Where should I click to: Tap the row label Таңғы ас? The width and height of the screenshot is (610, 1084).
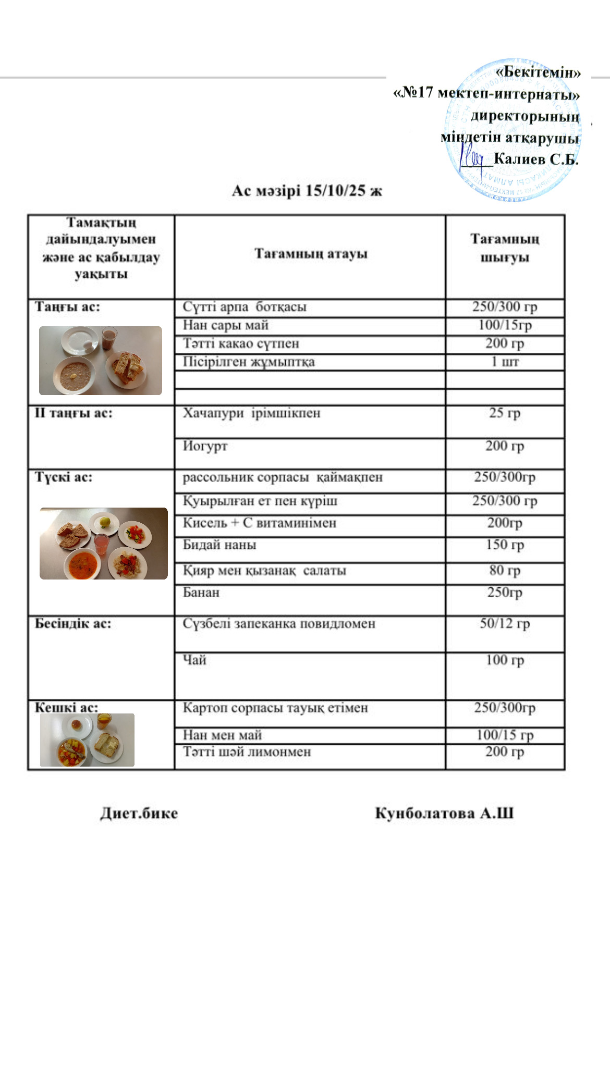tap(67, 307)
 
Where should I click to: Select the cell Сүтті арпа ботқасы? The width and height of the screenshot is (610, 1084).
tap(245, 307)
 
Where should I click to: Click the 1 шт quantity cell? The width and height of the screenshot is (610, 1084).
tap(505, 362)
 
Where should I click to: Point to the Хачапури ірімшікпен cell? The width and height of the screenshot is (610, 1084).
tap(251, 413)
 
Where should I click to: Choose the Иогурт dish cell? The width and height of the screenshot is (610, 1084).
tap(205, 446)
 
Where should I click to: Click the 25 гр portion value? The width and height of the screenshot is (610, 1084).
tap(505, 413)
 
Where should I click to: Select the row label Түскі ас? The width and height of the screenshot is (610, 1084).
tap(64, 477)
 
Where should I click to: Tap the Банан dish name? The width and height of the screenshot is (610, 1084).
tap(201, 593)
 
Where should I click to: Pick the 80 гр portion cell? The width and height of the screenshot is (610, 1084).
tap(505, 570)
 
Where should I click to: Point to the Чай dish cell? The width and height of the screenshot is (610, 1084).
tap(194, 660)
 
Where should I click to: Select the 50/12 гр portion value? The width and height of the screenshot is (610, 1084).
tap(505, 624)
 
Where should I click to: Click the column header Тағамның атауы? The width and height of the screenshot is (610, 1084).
tap(311, 254)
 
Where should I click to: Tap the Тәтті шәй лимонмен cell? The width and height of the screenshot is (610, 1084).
tap(247, 752)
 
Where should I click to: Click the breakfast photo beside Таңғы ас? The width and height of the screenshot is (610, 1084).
tap(101, 361)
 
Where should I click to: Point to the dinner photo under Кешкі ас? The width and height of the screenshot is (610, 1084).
tap(87, 740)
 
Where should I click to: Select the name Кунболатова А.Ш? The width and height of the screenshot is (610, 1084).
tap(444, 814)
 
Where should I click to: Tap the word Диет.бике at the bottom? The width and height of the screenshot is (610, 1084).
tap(139, 814)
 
